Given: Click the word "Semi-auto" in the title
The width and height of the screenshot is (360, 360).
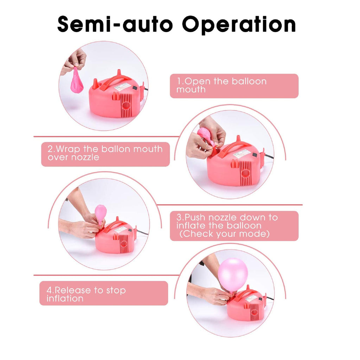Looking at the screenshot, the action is click(115, 24).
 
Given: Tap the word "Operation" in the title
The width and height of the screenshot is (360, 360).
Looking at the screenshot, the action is click(239, 25).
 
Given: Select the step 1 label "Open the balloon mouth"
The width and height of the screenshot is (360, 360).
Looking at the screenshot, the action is click(221, 85).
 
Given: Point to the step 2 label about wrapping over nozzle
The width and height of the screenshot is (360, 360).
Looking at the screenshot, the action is click(105, 153).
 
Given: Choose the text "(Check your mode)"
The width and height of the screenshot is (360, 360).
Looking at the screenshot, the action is click(224, 234).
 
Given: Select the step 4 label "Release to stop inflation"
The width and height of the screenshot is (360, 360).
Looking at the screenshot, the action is click(86, 294).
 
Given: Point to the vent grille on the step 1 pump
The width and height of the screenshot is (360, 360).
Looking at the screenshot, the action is click(126, 105).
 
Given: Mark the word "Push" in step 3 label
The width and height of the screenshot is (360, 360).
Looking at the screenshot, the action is click(195, 217).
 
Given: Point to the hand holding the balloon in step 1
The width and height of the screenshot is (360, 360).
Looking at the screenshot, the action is click(73, 61).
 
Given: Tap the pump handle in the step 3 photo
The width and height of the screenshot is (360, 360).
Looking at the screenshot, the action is click(115, 226).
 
